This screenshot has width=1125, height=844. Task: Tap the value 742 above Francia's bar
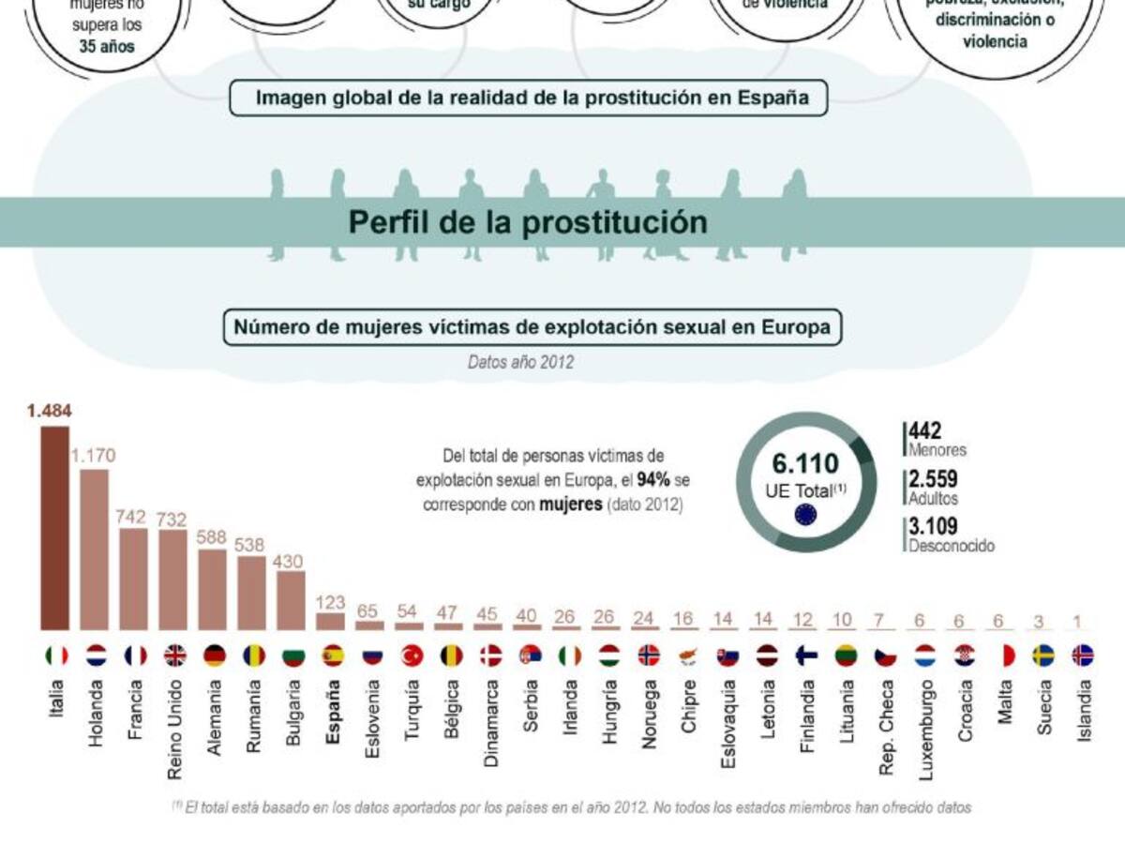click(x=134, y=516)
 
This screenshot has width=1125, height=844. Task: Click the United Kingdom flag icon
click(x=175, y=656)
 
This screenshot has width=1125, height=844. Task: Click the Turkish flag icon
click(x=411, y=656)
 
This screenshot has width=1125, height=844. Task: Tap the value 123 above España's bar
click(x=331, y=602)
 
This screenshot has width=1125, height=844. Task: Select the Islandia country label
click(x=1083, y=711)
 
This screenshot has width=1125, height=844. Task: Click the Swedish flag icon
click(x=1043, y=656)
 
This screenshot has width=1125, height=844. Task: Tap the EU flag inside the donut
click(x=805, y=513)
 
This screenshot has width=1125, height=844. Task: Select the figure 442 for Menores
click(x=924, y=431)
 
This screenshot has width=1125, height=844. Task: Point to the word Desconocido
click(x=952, y=546)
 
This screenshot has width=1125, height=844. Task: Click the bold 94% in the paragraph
click(x=652, y=479)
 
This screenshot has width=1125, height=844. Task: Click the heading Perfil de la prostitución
click(x=528, y=222)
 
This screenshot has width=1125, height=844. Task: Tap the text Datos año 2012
click(x=520, y=361)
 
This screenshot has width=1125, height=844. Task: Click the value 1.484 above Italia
click(x=50, y=411)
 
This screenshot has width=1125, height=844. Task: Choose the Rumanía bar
click(x=252, y=593)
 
